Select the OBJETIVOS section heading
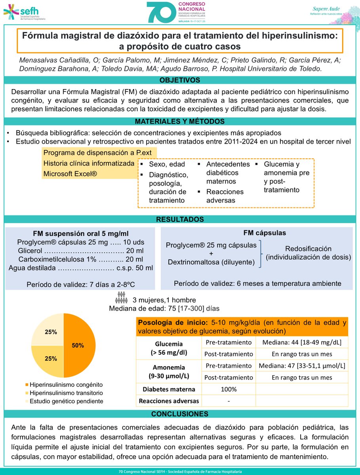[180, 80]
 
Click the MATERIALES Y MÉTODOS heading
[180, 121]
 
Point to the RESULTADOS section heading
[180, 219]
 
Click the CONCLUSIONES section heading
[180, 414]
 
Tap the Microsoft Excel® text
[70, 173]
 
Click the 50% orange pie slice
[79, 345]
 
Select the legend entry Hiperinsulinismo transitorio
[67, 393]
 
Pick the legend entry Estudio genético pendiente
[67, 401]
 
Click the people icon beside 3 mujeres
[122, 296]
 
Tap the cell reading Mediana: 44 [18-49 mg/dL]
[302, 342]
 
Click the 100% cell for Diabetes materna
[229, 389]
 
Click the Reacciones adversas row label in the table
[169, 401]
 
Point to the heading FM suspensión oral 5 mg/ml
[80, 233]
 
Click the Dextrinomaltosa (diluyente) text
[211, 262]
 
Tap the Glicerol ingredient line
[80, 251]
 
